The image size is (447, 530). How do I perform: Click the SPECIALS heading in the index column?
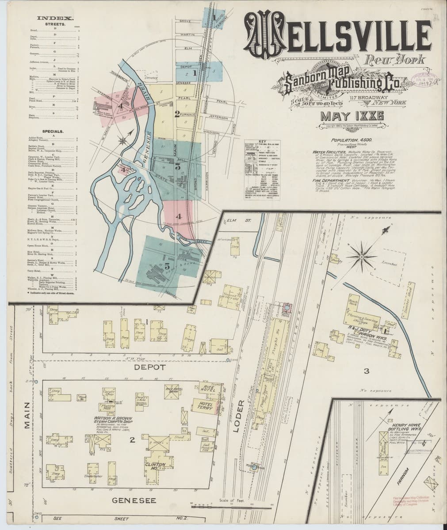pyautogui.click(x=52, y=132)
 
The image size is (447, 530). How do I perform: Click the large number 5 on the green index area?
pyautogui.click(x=167, y=266)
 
